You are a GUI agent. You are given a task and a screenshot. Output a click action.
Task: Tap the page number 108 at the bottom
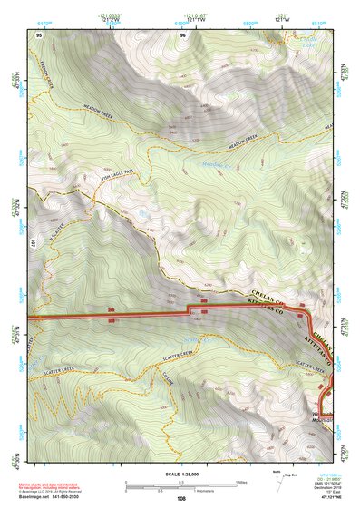pos(181,498)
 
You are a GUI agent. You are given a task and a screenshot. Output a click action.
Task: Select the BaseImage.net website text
pos(39,496)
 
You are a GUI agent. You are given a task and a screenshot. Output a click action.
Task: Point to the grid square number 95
pos(39,34)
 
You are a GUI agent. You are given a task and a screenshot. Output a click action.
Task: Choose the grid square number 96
pos(182,34)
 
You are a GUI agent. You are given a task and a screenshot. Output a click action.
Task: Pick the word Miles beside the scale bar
pos(240,482)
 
